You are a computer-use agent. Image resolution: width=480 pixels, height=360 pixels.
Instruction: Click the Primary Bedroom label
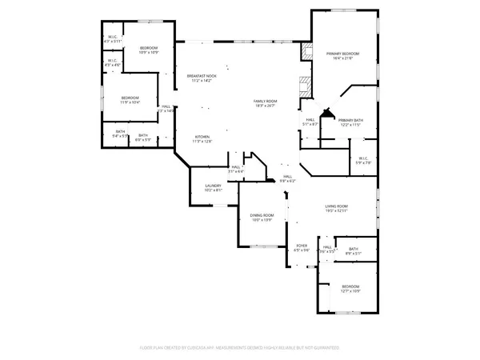342,54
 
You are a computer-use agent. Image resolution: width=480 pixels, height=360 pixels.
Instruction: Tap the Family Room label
265,101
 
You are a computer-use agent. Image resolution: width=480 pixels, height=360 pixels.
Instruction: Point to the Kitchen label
202,137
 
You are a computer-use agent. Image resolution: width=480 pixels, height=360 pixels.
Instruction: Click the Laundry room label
212,186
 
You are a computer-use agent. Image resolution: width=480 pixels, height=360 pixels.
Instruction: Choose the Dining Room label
263,214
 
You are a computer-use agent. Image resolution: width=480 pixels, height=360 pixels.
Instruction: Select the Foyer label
302,246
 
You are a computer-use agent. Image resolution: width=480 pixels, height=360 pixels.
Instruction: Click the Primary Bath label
351,120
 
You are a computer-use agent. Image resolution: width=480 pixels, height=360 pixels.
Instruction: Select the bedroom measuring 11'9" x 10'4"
130,98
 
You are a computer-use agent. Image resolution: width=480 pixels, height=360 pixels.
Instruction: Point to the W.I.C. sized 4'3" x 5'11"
113,40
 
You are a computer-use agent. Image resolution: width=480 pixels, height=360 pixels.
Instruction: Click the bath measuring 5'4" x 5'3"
120,135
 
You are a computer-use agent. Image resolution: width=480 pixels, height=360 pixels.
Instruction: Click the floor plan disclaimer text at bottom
240,347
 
